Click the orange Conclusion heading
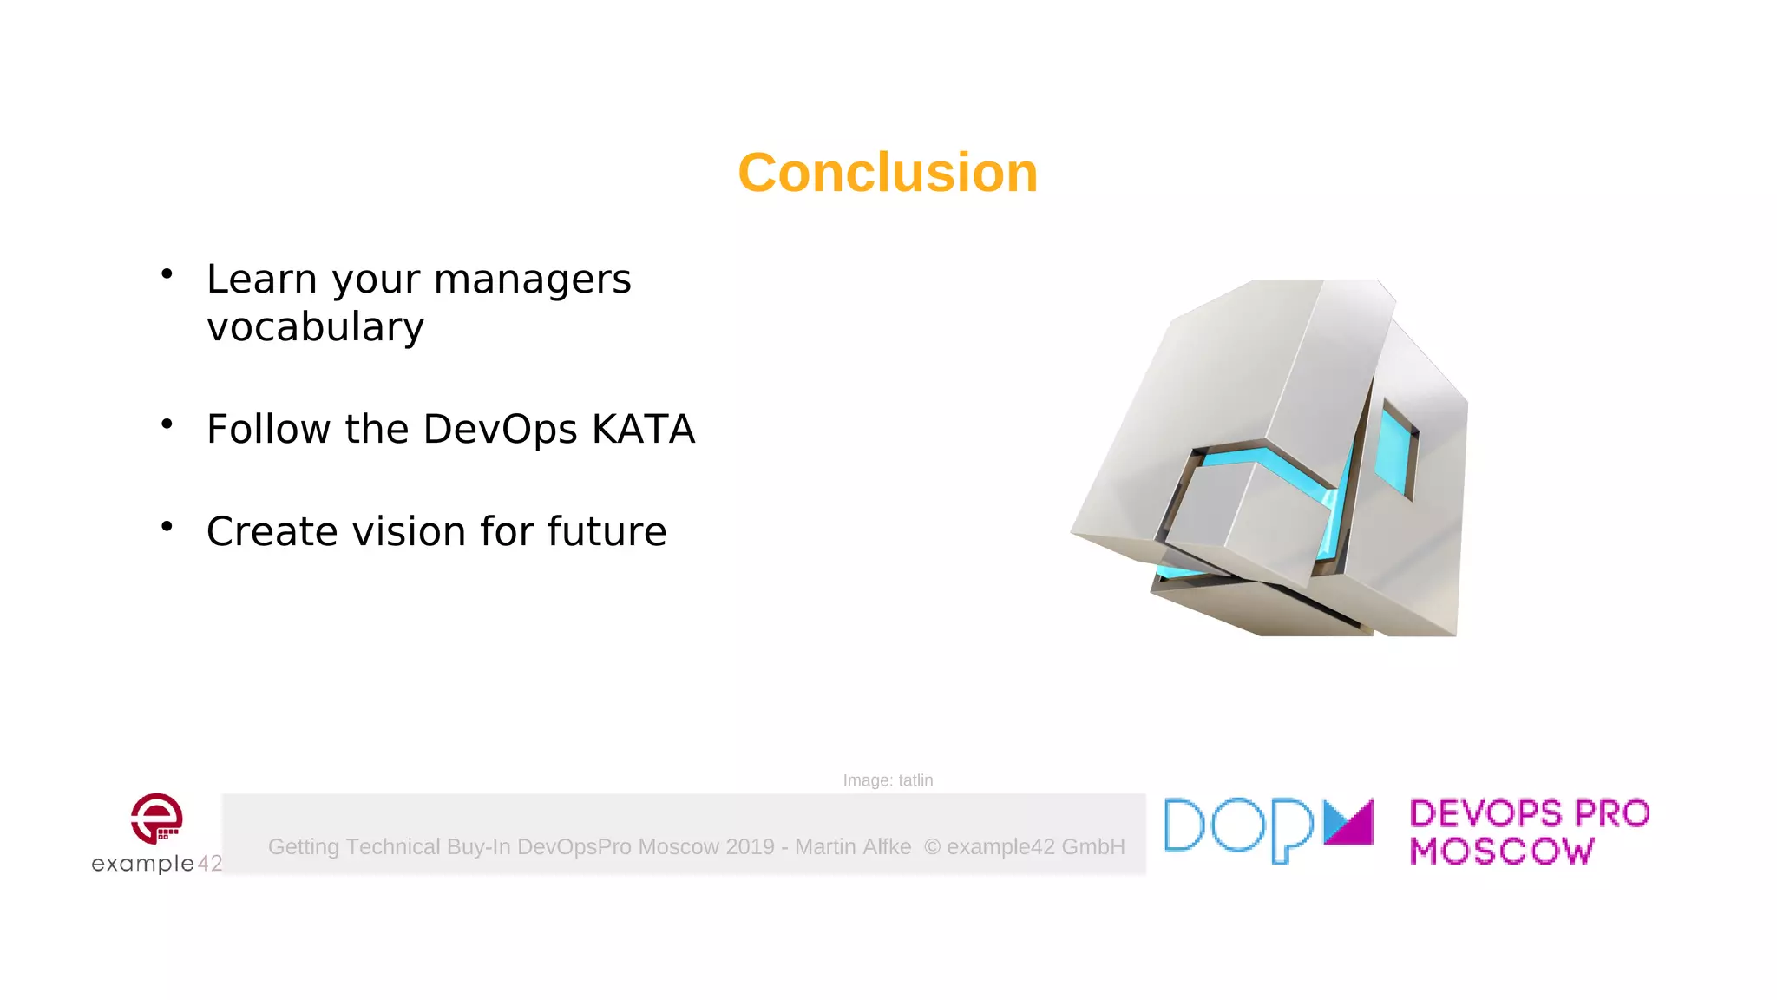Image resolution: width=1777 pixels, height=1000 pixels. click(x=888, y=173)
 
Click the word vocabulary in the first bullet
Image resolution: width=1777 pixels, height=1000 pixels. click(x=316, y=327)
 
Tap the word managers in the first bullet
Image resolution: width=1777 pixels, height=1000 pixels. click(x=532, y=280)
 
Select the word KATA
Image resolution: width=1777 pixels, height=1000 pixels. click(x=643, y=429)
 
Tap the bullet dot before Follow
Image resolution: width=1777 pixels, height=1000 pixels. click(x=167, y=424)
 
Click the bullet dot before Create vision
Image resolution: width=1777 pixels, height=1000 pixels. click(x=167, y=527)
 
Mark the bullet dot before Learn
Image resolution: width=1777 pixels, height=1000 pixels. click(x=167, y=274)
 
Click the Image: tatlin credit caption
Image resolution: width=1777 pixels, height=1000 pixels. click(x=888, y=780)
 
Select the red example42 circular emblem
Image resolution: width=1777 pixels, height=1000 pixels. click(x=156, y=818)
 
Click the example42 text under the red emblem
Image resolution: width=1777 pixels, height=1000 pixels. click(x=156, y=864)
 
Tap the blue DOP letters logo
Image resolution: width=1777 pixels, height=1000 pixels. click(x=1238, y=829)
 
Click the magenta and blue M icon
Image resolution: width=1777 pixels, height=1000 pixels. click(x=1348, y=822)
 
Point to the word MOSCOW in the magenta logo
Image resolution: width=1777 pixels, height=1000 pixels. click(x=1502, y=852)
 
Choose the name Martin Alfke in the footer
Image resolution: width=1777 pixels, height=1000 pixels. click(x=853, y=846)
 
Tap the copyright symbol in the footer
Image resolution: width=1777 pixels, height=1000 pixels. click(x=932, y=846)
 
